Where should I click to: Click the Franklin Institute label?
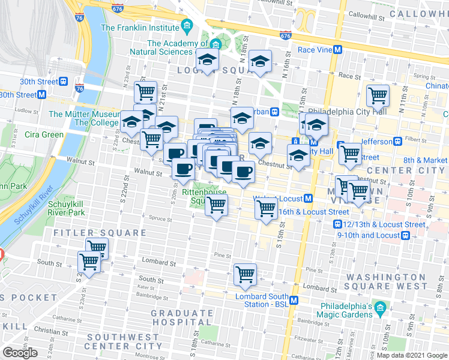140,28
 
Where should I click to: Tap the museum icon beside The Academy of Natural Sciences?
215,44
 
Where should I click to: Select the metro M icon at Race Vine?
338,50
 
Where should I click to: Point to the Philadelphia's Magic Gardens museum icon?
379,310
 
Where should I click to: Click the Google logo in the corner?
20,353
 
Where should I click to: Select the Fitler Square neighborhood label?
100,233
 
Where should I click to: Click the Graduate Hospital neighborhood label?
182,318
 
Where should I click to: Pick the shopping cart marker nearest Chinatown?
378,94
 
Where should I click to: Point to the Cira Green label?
44,134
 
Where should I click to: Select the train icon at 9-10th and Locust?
405,235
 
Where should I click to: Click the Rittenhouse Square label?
204,196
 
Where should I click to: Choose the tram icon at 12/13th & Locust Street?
338,224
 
